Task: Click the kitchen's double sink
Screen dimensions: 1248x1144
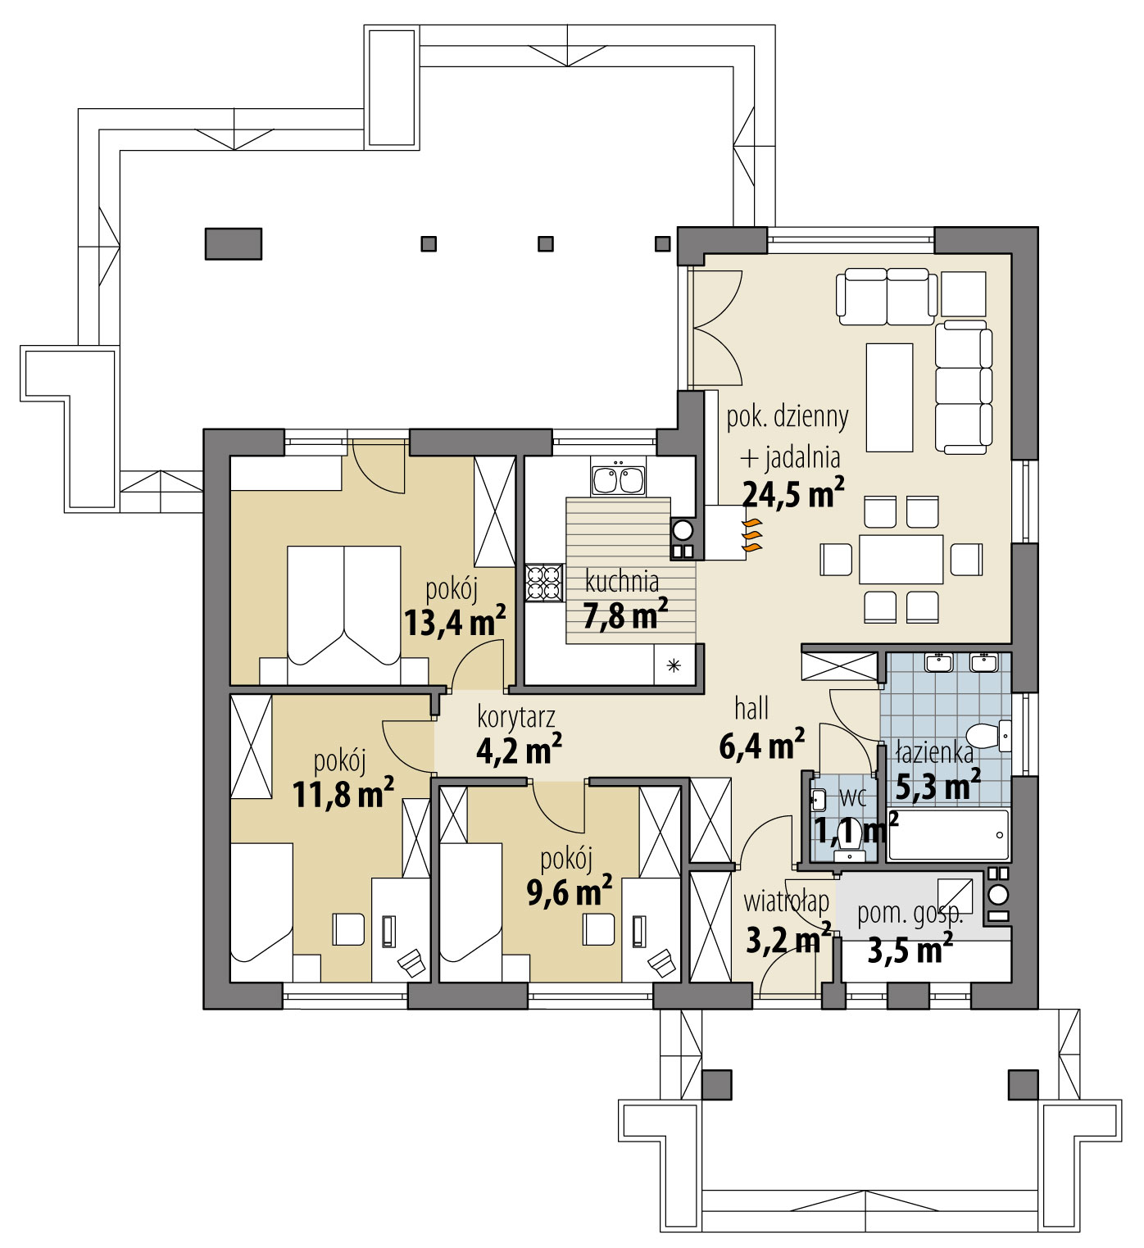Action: coord(618,479)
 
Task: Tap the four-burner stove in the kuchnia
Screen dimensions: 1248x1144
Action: coord(543,583)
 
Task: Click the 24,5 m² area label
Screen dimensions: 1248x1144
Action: coord(792,494)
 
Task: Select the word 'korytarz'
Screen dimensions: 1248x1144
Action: coord(516,717)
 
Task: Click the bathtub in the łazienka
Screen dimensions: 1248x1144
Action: coord(948,835)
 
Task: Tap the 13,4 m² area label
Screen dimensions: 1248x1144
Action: coord(454,623)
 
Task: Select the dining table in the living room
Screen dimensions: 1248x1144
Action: coord(901,559)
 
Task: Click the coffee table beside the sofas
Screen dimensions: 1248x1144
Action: coord(889,397)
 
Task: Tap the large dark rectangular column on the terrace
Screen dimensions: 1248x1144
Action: coord(233,243)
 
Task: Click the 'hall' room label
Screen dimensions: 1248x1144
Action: coord(751,708)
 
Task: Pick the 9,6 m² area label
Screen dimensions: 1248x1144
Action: coord(569,892)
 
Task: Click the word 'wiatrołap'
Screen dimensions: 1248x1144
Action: coord(786,901)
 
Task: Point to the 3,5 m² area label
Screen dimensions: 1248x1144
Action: coord(909,951)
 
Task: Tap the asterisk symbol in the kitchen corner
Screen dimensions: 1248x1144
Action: coord(674,665)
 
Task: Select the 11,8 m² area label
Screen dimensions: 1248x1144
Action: coord(343,793)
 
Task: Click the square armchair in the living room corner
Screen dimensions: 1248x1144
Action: coord(963,293)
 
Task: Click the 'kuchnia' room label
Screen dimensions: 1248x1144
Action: coord(622,582)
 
